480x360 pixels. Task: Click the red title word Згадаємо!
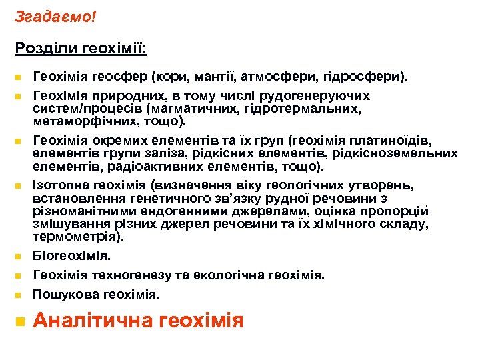pyautogui.click(x=55, y=15)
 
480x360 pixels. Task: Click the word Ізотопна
pyautogui.click(x=58, y=185)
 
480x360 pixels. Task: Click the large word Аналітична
pyautogui.click(x=94, y=321)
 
